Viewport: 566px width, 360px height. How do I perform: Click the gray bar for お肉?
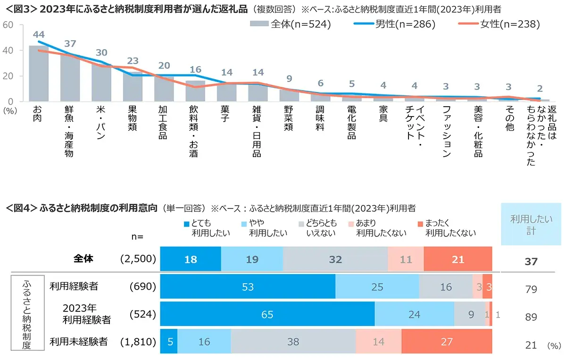coord(38,74)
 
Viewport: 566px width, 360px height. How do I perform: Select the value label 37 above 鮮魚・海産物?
coord(70,44)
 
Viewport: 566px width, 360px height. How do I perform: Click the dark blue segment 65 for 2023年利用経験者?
coord(267,314)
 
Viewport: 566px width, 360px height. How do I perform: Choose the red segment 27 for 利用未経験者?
coord(446,341)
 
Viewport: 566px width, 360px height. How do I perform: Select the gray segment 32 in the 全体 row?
coord(335,260)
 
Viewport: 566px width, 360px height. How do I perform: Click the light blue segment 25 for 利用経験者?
coord(377,287)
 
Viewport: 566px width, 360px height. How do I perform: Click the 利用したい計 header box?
coord(531,224)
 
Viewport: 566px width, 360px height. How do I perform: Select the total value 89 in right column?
coord(531,317)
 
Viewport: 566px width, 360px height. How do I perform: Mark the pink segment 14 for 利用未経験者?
coord(378,341)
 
